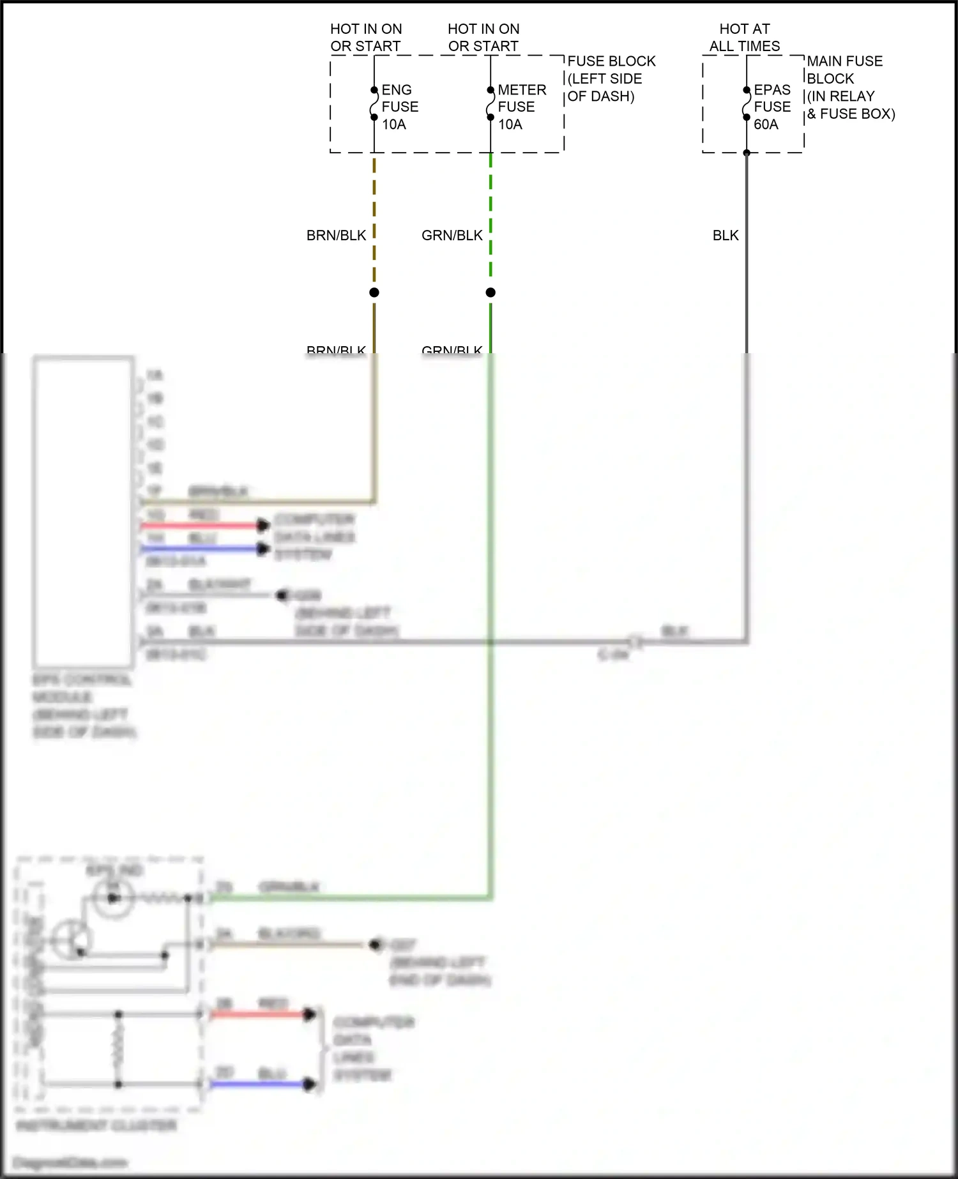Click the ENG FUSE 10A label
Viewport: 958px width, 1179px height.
tap(399, 107)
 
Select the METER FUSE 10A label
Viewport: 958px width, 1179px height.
tap(521, 107)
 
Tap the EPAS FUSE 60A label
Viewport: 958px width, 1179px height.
tap(772, 107)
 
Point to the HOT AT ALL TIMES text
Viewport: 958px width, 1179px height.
tap(745, 37)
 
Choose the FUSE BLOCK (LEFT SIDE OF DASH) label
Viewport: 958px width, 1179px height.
tap(611, 79)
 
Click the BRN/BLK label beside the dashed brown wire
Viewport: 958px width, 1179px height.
tap(336, 235)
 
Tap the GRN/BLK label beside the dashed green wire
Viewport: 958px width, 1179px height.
tap(452, 235)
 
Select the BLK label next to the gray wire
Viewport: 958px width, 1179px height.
tap(726, 235)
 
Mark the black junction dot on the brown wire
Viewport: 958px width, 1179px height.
tap(374, 293)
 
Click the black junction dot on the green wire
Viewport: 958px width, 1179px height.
tap(490, 293)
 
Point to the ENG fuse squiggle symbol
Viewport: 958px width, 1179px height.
tap(374, 103)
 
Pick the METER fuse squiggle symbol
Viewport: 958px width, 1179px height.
tap(490, 103)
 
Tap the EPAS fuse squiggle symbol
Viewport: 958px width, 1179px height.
tap(747, 103)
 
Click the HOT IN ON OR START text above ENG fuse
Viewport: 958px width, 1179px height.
tap(366, 37)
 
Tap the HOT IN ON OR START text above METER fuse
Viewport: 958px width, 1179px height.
tap(483, 37)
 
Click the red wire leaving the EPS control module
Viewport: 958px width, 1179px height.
tap(198, 526)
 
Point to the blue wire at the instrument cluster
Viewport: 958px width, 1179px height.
tap(255, 1084)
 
